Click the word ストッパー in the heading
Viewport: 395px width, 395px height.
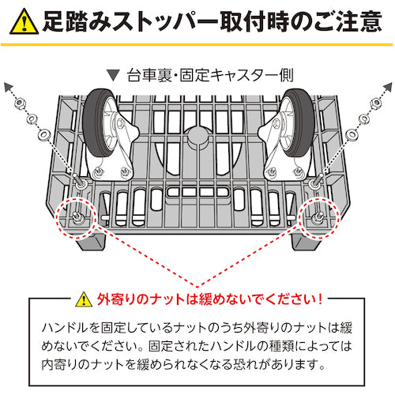[x=165, y=21]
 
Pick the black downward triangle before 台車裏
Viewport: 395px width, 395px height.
[x=114, y=77]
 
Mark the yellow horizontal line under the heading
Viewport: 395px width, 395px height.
[x=197, y=44]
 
